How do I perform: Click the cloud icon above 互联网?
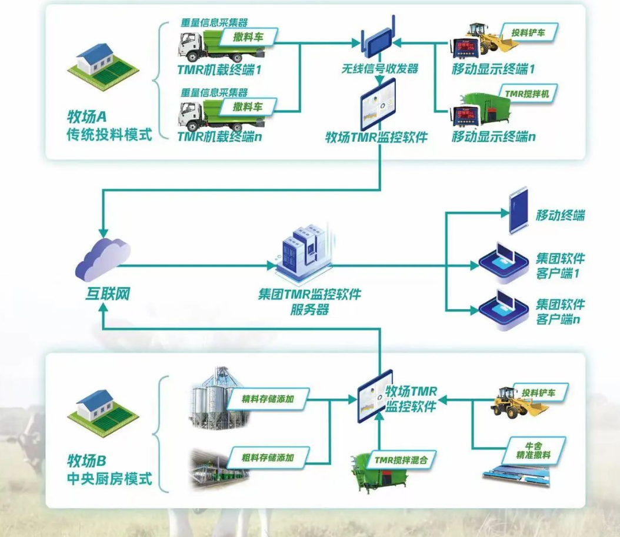[x=103, y=259]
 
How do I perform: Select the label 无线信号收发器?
[x=379, y=69]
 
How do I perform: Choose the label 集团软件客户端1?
[x=560, y=266]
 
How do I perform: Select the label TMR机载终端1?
[x=218, y=68]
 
